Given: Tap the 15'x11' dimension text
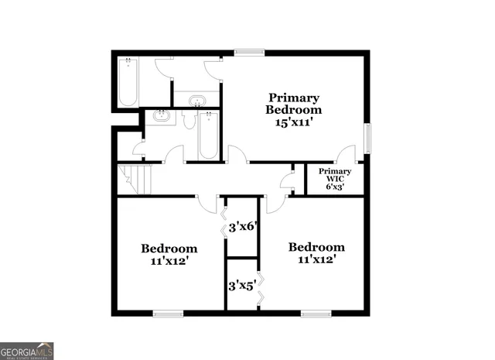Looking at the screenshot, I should (x=294, y=122).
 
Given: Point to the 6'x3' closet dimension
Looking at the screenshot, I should (x=336, y=187).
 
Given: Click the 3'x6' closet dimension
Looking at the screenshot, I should (x=243, y=228).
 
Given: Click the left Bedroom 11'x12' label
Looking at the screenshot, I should (x=169, y=249).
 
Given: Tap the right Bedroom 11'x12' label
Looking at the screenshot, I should (x=316, y=247).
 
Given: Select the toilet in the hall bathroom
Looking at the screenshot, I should (x=189, y=120).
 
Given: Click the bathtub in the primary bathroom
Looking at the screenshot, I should (x=128, y=81).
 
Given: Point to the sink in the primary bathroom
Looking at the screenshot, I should (x=198, y=100).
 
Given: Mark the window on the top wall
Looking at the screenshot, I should (x=247, y=53).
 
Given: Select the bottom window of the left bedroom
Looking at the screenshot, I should (x=168, y=313).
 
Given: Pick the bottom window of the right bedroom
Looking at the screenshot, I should (x=316, y=313).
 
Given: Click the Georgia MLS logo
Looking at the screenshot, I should (x=27, y=351).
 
